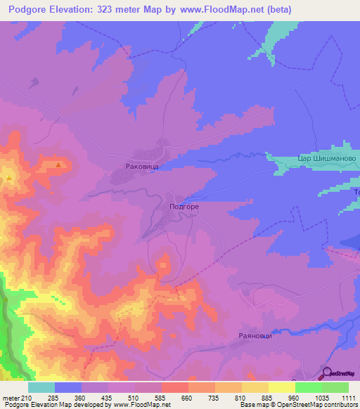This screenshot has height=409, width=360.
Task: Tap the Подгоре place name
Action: click(184, 207)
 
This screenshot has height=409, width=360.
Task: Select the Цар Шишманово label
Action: click(328, 160)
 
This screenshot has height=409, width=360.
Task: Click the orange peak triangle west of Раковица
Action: click(58, 166)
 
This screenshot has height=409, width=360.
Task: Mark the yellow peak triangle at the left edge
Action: click(8, 178)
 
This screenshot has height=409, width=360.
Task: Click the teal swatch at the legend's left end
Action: click(41, 387)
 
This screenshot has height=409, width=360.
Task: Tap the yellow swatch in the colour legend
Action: click(281, 387)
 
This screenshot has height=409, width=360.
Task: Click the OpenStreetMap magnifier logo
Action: click(327, 374)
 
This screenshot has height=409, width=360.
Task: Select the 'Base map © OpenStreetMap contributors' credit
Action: click(297, 405)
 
